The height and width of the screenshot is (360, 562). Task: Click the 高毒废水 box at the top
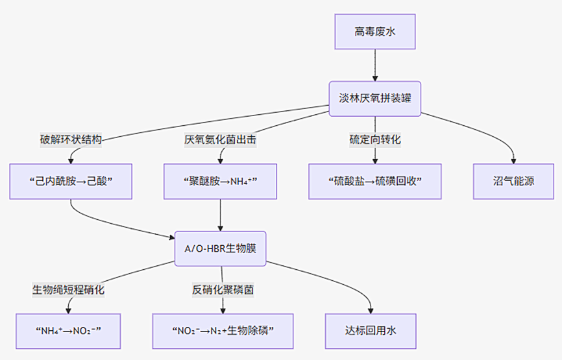click(x=374, y=31)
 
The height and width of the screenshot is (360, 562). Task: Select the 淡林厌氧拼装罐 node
click(x=374, y=98)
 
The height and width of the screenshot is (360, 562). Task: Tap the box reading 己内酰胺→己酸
click(x=71, y=181)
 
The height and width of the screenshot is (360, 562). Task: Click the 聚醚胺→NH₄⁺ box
click(x=221, y=181)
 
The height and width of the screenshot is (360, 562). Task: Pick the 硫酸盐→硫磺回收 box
click(x=374, y=181)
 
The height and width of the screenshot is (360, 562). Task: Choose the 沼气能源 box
click(x=513, y=181)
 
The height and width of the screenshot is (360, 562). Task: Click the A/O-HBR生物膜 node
click(x=221, y=248)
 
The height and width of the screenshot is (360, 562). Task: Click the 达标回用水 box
click(x=371, y=331)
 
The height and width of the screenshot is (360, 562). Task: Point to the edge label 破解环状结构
click(x=71, y=139)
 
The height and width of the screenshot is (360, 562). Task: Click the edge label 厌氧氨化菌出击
click(x=221, y=139)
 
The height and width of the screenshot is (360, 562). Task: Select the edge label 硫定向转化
click(x=374, y=139)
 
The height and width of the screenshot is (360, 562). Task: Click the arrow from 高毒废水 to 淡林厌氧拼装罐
click(x=374, y=65)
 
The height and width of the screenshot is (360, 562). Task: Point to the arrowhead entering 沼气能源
click(x=513, y=160)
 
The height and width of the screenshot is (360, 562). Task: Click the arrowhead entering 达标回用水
click(x=371, y=309)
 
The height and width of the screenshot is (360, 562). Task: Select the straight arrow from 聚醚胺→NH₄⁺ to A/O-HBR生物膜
click(x=221, y=214)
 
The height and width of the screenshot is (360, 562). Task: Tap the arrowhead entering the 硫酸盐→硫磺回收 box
click(x=374, y=160)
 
